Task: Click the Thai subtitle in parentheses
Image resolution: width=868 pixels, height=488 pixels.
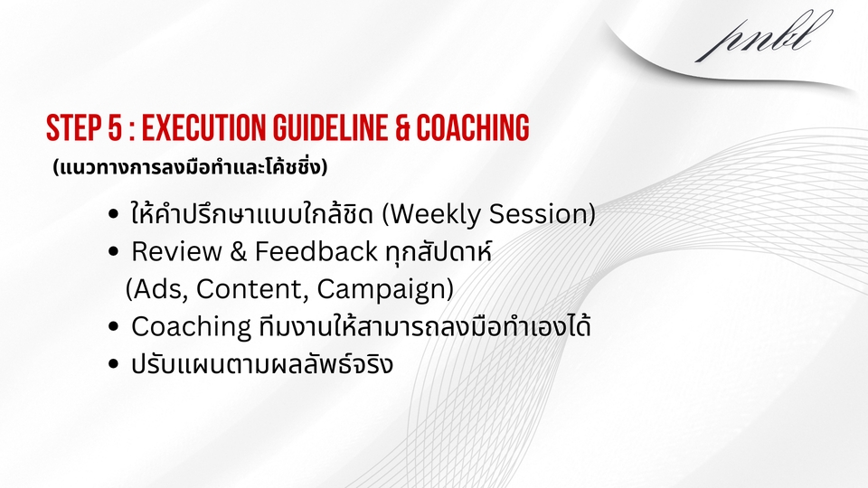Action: tap(189, 167)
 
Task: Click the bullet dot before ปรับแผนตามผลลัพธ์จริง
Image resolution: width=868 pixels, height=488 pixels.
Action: tap(112, 365)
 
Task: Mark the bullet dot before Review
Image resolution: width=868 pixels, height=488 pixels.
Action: tap(112, 253)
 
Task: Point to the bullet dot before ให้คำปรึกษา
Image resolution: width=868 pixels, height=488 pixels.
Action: tap(112, 215)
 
